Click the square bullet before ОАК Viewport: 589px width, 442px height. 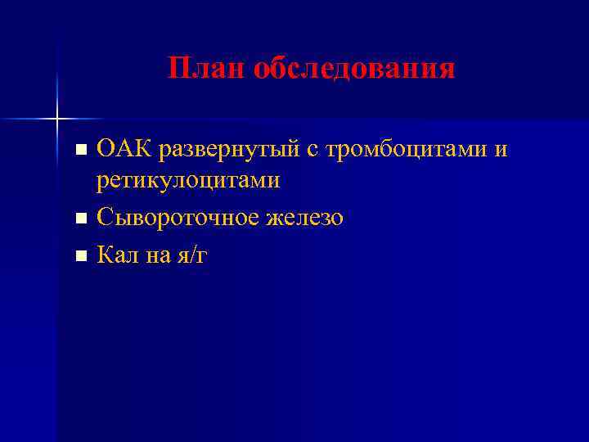[80, 151]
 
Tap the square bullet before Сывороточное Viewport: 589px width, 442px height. [80, 219]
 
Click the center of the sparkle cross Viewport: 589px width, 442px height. [57, 119]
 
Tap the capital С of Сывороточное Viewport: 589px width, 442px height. [104, 219]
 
